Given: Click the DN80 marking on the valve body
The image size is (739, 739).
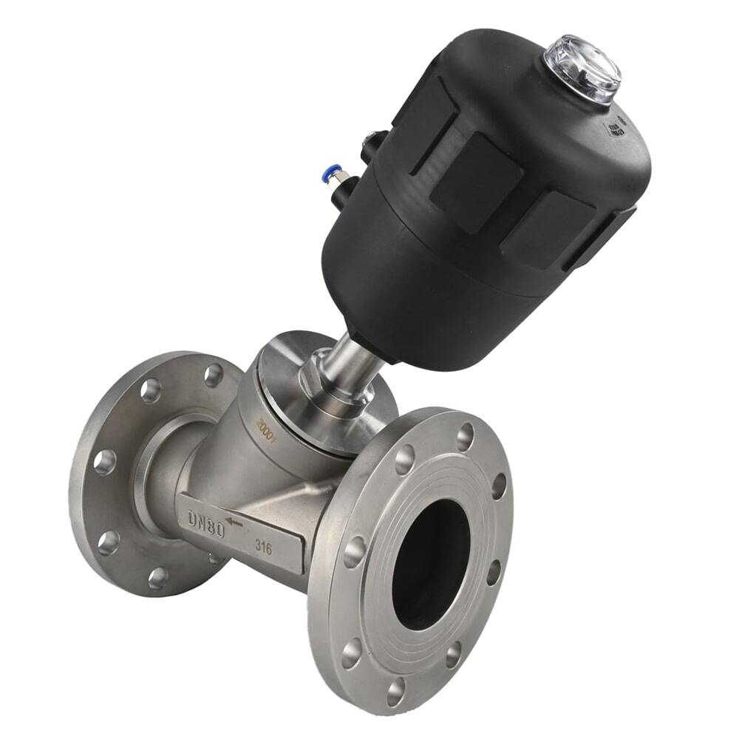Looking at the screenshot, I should click(x=205, y=522).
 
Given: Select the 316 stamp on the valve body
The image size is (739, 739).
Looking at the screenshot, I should click(x=263, y=547).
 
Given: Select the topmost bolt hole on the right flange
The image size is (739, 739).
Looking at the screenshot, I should click(x=465, y=437).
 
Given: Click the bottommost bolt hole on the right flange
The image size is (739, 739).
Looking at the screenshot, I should click(x=396, y=691).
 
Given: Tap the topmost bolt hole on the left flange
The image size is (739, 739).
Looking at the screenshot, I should click(x=214, y=375).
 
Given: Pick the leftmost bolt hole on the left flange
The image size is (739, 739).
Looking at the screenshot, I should click(x=104, y=461).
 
